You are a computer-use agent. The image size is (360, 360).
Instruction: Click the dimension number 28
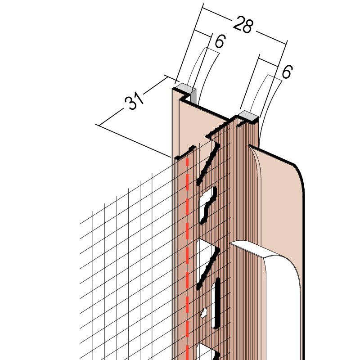[243, 24]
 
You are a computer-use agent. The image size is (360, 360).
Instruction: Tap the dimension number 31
[134, 100]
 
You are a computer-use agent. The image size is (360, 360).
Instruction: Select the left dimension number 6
[220, 41]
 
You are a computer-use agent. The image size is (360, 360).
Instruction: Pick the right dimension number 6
[287, 72]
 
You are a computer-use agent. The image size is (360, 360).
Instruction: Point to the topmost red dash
[187, 163]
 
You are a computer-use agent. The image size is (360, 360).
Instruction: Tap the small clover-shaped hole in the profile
[204, 313]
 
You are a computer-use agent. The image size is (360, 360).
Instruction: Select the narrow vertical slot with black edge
[216, 303]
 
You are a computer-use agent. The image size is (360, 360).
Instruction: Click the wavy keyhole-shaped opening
[208, 206]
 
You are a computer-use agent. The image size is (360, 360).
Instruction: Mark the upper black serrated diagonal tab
[208, 165]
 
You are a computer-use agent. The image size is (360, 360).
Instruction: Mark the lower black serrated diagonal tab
[208, 269]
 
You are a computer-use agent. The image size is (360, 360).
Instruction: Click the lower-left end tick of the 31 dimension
[99, 125]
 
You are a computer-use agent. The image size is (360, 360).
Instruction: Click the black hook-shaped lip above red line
[185, 152]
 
